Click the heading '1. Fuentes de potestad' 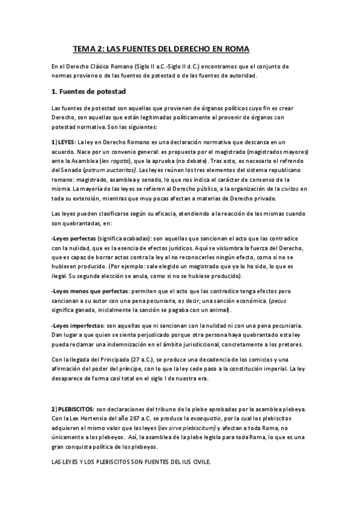click(x=88, y=91)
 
